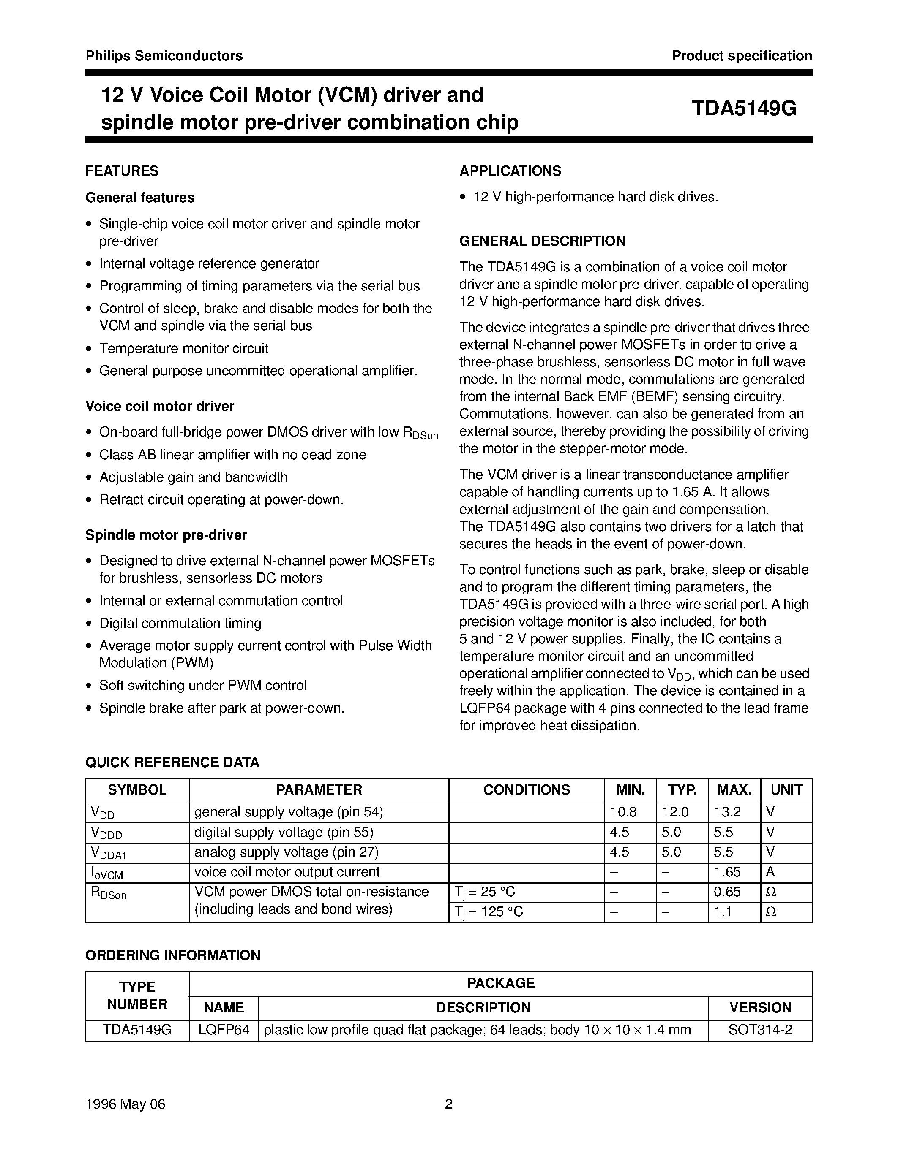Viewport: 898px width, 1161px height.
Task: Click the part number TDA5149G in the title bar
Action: [x=744, y=109]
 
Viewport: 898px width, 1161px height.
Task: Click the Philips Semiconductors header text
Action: [x=164, y=56]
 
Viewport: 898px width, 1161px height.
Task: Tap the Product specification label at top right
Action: [x=742, y=56]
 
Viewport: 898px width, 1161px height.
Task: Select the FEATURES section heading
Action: [x=122, y=171]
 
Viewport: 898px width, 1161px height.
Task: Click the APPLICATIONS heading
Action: [x=510, y=171]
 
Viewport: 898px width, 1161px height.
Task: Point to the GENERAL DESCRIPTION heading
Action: [x=542, y=241]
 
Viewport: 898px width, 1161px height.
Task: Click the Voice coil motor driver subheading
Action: [x=160, y=407]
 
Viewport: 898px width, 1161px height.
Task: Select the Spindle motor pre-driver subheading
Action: [x=166, y=535]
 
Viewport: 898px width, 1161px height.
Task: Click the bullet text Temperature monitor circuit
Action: [x=183, y=349]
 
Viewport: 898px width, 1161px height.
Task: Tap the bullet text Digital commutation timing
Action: [x=180, y=624]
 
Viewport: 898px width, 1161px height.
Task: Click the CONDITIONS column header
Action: [x=526, y=790]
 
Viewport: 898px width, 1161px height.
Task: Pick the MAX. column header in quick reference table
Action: [x=734, y=790]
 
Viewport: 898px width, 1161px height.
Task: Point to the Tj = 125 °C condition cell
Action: [x=489, y=913]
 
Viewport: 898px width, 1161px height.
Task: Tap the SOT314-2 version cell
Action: [x=760, y=1030]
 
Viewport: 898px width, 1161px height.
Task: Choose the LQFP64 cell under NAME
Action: [x=224, y=1030]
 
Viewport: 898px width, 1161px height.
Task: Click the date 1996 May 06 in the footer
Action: [x=126, y=1105]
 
